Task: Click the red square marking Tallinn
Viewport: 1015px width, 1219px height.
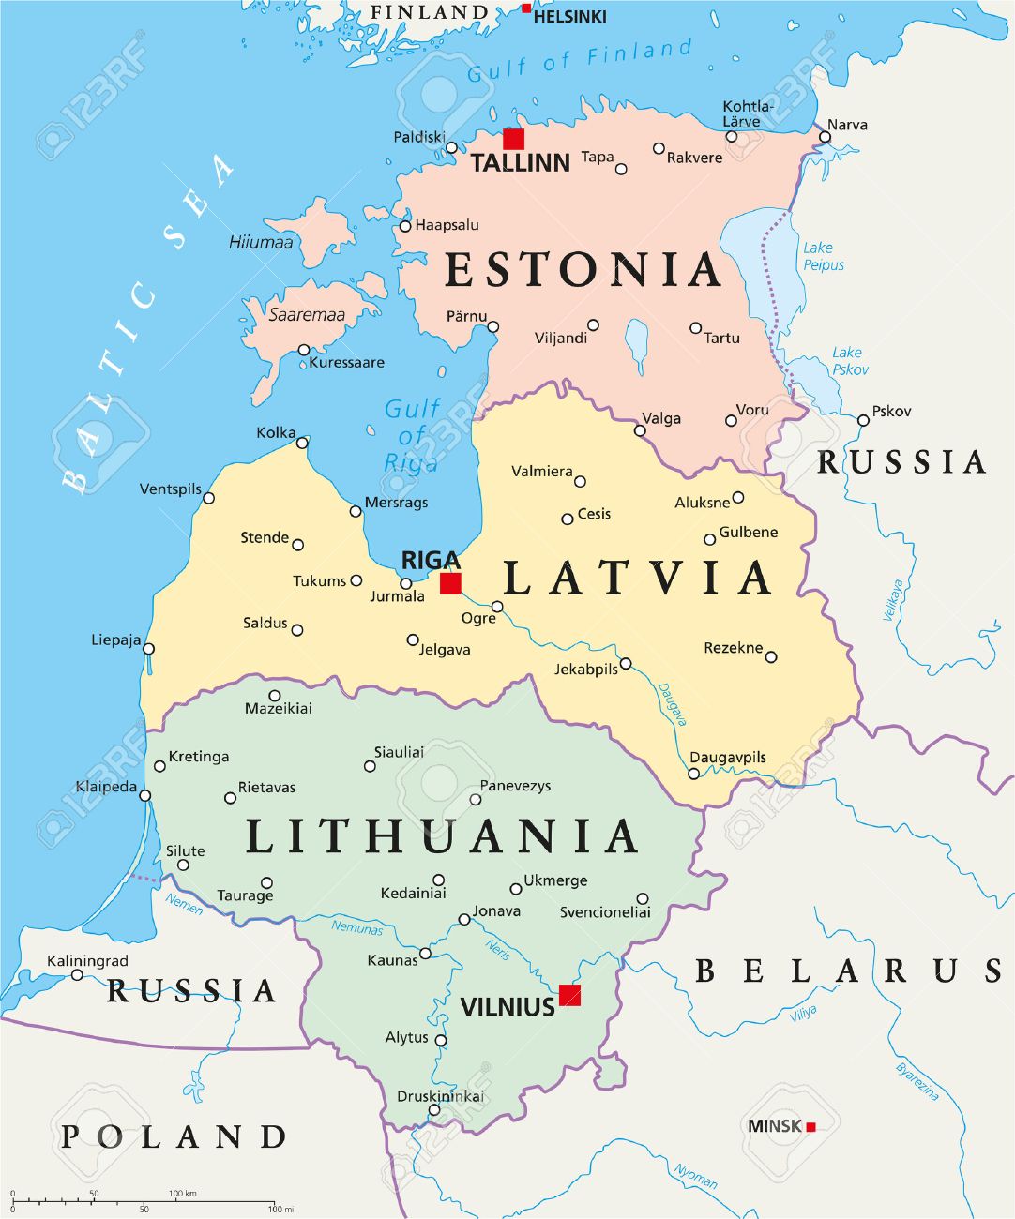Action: [513, 139]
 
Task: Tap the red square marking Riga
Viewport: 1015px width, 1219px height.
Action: [450, 583]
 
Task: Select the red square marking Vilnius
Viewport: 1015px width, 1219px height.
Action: [569, 995]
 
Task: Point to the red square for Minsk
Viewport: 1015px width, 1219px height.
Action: [810, 1126]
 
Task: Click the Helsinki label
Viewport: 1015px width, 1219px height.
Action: [569, 16]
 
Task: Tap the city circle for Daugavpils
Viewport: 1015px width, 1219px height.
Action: [693, 774]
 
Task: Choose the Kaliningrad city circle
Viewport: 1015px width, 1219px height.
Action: [77, 975]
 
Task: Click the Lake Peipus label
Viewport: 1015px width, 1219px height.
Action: [823, 256]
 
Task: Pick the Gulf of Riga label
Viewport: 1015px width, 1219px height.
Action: [412, 436]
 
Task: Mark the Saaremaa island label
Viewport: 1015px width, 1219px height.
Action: [307, 315]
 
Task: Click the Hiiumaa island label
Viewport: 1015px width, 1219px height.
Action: [261, 243]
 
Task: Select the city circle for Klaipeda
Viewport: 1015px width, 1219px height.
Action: [144, 795]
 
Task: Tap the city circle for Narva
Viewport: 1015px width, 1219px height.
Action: [825, 137]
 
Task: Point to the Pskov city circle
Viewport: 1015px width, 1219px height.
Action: [863, 420]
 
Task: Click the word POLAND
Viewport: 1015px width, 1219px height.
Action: [174, 1136]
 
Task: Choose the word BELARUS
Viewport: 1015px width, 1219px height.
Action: [849, 971]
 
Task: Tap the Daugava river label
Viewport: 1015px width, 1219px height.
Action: [673, 703]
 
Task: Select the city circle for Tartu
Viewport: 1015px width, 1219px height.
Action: [695, 328]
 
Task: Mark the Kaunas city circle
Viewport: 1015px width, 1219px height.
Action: [425, 954]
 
